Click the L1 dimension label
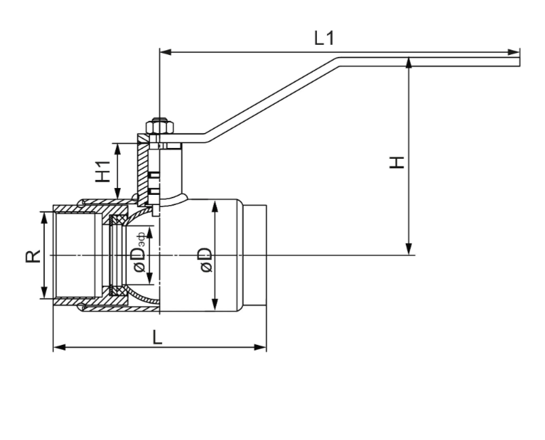point(324,38)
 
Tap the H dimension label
point(396,162)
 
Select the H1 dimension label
point(103,172)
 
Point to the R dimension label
point(33,257)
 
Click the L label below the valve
point(157,337)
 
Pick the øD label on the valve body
point(206,260)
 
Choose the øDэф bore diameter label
point(139,252)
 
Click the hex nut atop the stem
point(159,126)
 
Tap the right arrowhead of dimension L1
point(514,52)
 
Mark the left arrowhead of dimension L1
point(166,52)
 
